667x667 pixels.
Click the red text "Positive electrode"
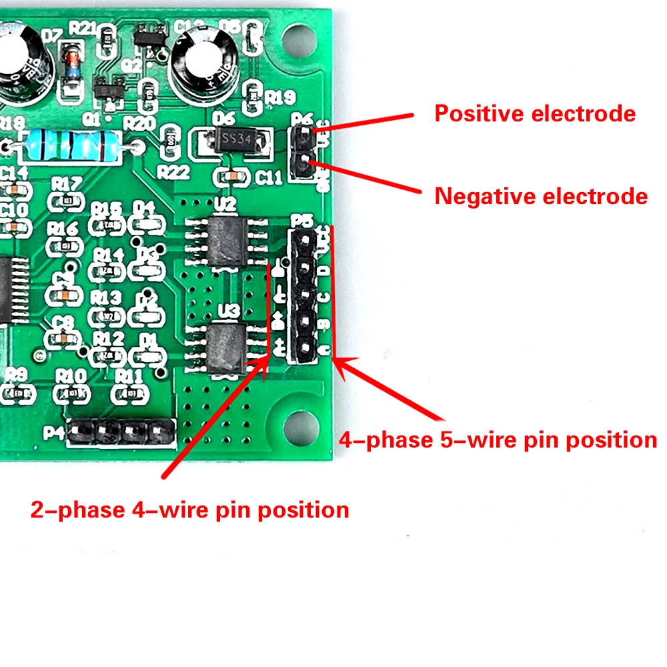click(x=535, y=113)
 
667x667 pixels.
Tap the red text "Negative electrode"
click(x=541, y=196)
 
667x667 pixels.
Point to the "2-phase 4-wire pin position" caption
click(x=190, y=510)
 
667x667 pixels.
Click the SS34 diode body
click(x=235, y=141)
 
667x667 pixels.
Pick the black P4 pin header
click(x=120, y=433)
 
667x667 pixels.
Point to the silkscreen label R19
click(x=279, y=98)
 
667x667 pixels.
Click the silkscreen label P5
click(x=302, y=221)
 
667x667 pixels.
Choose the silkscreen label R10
click(x=71, y=376)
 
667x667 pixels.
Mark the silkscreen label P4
click(x=55, y=433)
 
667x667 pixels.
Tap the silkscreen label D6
click(x=223, y=118)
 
